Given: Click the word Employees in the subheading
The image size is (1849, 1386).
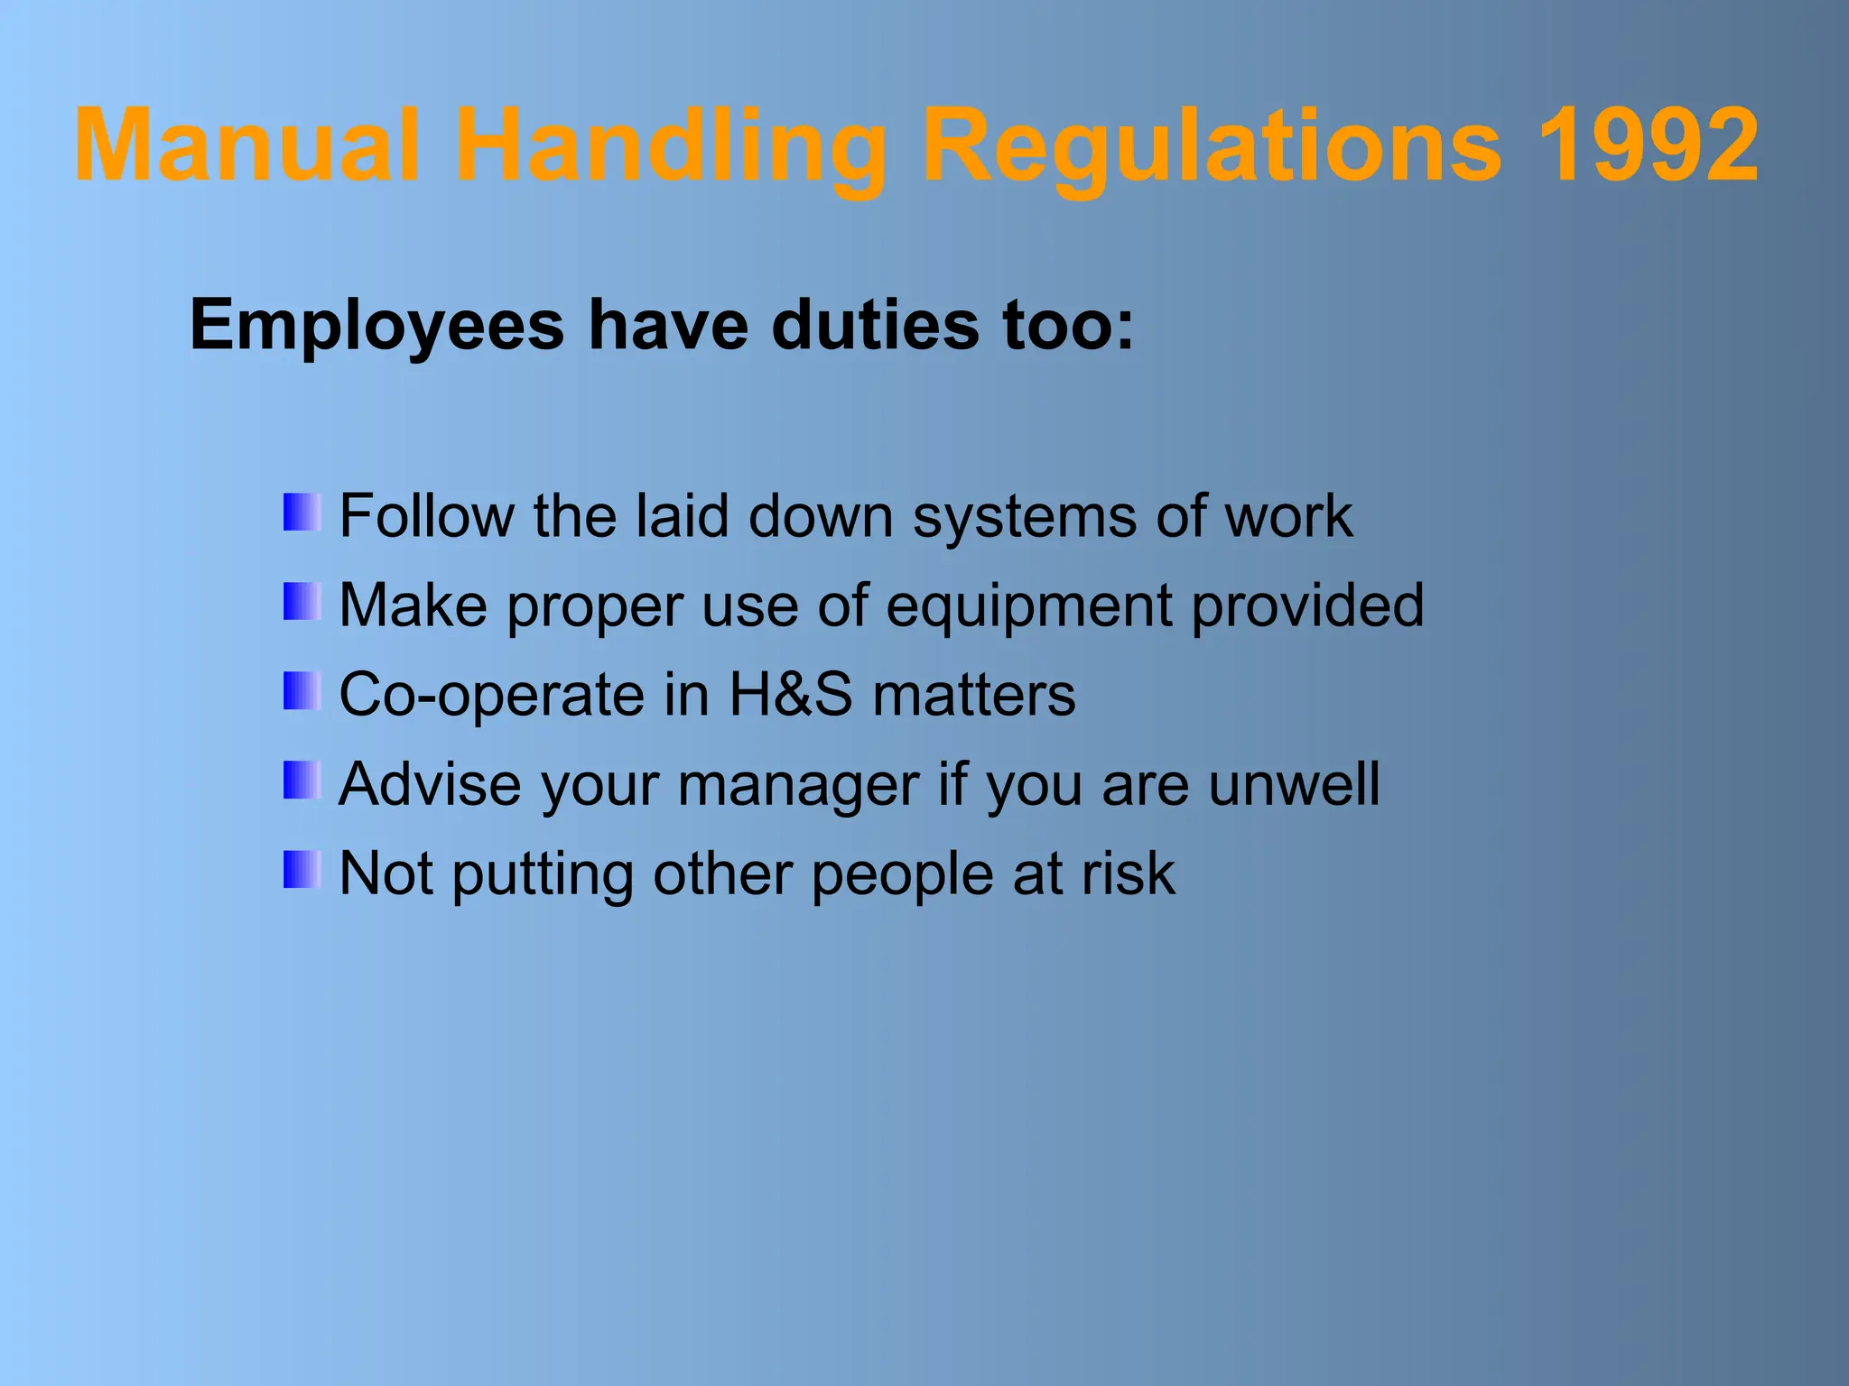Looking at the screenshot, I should point(377,327).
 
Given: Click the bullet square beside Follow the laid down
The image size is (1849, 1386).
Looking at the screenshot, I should point(302,513).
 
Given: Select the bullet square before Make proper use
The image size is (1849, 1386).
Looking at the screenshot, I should point(302,602).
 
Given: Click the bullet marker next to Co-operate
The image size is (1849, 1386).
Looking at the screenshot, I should point(302,691).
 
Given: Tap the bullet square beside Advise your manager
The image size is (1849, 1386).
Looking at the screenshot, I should point(302,781).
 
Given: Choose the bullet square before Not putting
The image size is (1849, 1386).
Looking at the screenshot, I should point(302,870).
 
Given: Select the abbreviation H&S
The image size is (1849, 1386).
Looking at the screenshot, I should point(790,695).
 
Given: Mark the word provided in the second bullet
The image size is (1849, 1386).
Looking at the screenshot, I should point(1307,606).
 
